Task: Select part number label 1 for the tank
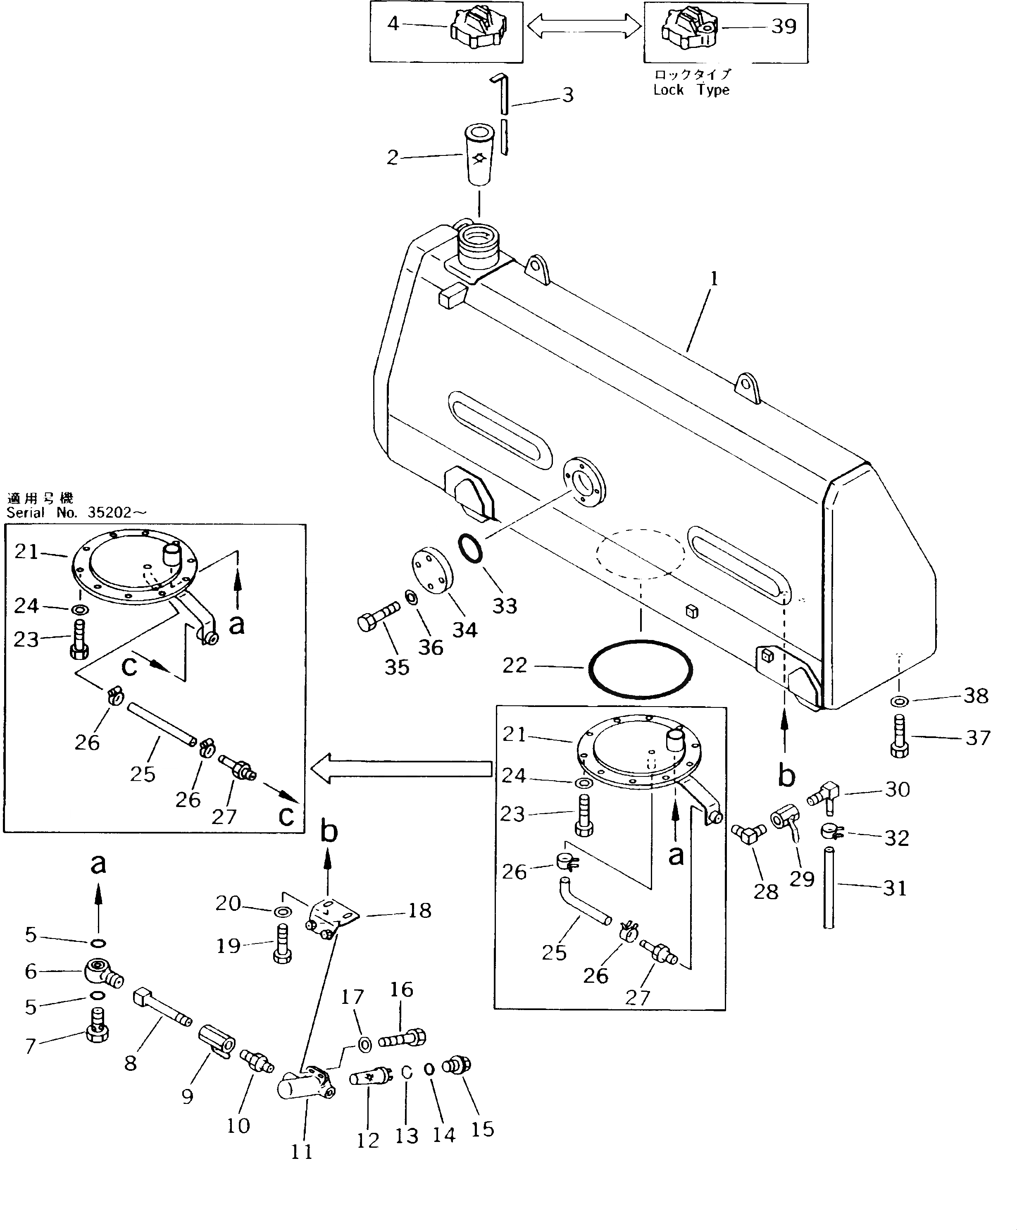click(714, 279)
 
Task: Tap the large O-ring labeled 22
click(641, 668)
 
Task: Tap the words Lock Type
click(691, 90)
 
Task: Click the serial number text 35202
click(110, 513)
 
